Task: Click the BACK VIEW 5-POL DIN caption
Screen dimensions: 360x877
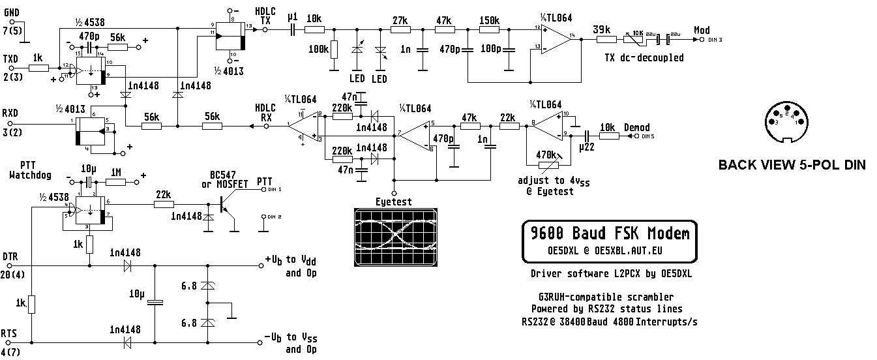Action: pyautogui.click(x=792, y=165)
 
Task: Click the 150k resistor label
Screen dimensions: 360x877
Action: pyautogui.click(x=489, y=20)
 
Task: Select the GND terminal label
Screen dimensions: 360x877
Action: pyautogui.click(x=12, y=12)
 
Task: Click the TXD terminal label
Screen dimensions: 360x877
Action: pyautogui.click(x=10, y=58)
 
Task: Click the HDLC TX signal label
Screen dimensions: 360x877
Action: pyautogui.click(x=265, y=16)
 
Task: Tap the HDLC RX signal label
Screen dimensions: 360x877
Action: pyautogui.click(x=265, y=112)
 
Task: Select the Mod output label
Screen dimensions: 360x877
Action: pyautogui.click(x=702, y=30)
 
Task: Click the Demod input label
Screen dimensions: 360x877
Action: pyautogui.click(x=636, y=127)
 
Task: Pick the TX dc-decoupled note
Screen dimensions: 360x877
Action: pyautogui.click(x=644, y=57)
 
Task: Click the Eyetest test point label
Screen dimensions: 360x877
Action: pyautogui.click(x=394, y=202)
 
